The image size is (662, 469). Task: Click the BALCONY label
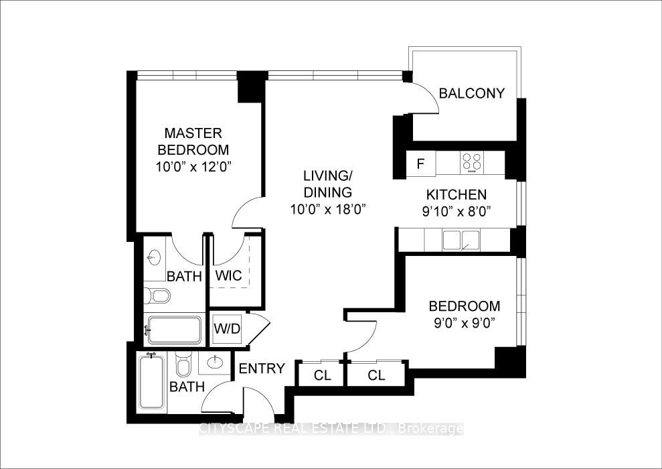472,93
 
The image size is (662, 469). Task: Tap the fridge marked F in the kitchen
420,163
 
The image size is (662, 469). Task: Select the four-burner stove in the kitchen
472,162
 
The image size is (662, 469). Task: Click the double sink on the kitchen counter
461,241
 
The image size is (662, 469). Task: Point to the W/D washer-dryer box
227,328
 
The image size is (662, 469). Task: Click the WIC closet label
228,275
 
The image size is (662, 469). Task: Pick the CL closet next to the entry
323,375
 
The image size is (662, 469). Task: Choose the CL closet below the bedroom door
376,375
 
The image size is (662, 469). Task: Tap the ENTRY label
262,368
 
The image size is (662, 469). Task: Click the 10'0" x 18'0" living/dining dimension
327,209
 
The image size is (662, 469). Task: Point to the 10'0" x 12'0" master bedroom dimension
194,167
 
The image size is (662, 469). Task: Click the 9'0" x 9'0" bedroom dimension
464,323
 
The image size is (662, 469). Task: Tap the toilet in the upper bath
157,295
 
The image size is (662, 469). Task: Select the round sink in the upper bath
153,257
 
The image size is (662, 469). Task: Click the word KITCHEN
456,195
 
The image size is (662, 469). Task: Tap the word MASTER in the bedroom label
193,133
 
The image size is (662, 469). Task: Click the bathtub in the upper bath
174,330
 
